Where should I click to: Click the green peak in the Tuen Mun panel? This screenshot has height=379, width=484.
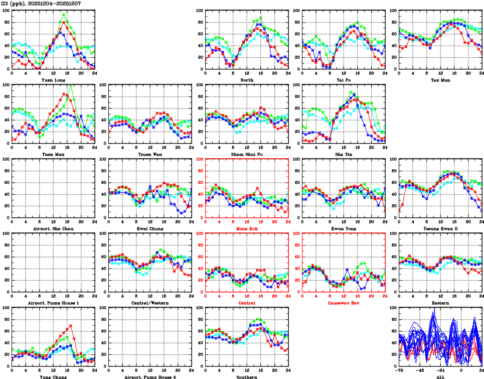pos(70,85)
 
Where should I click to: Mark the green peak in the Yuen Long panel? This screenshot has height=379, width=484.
pos(64,14)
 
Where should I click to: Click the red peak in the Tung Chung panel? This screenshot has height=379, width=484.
pos(71,325)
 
